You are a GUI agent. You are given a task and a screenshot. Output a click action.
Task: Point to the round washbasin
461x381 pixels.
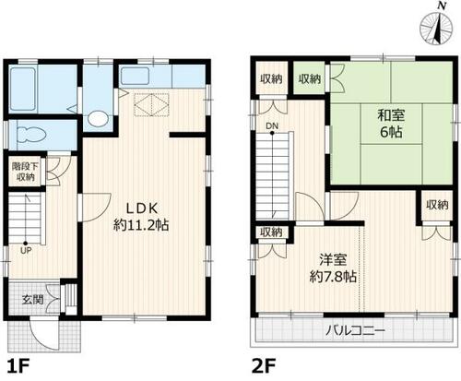[97, 118]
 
